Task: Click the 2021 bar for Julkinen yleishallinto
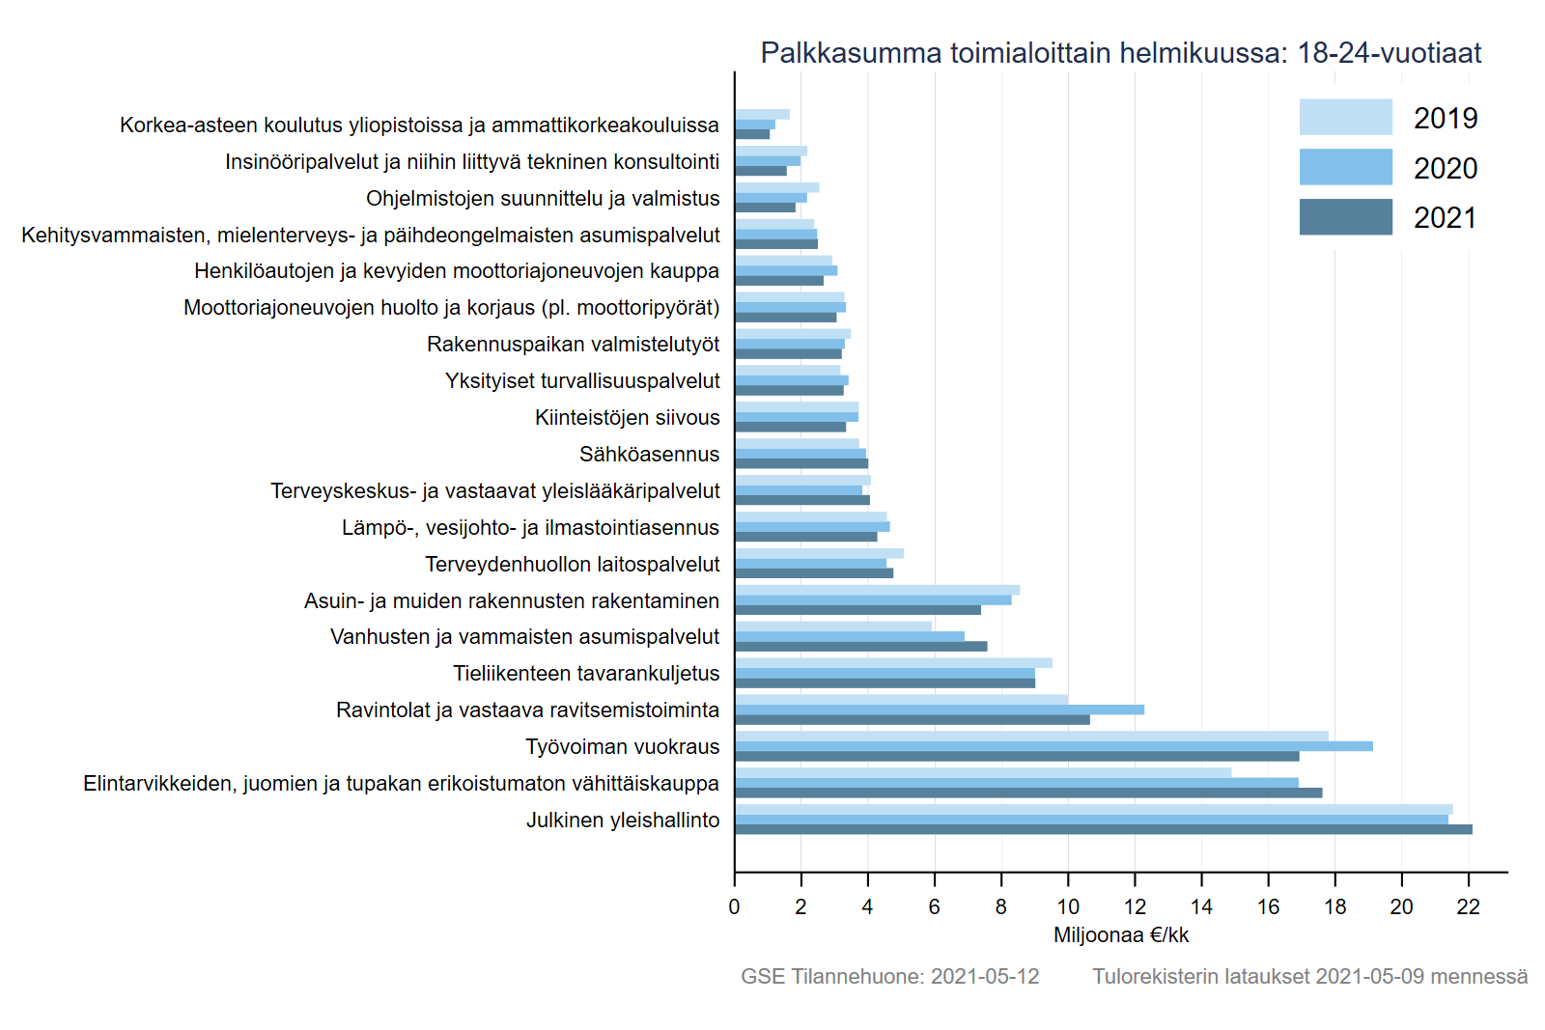coord(1103,829)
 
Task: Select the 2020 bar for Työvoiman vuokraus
coord(1053,746)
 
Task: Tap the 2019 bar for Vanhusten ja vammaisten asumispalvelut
coord(832,626)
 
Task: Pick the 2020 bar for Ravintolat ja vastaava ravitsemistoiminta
coord(939,710)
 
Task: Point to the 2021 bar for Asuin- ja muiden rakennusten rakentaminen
coord(857,610)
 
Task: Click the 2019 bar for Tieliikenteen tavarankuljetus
coord(893,663)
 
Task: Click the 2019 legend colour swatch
coord(1345,117)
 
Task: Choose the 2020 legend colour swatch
coord(1345,167)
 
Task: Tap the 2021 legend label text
coord(1446,218)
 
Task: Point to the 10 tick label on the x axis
coord(1068,907)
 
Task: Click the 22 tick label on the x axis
coord(1468,907)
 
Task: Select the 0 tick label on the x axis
coord(734,907)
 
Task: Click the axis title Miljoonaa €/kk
coord(1121,935)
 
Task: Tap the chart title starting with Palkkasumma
coord(1120,53)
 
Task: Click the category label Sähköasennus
coord(649,455)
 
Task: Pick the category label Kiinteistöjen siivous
coord(628,418)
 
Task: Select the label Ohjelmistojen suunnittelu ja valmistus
coord(543,199)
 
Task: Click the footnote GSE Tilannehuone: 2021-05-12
coord(889,977)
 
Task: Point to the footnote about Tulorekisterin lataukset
coord(1309,977)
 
